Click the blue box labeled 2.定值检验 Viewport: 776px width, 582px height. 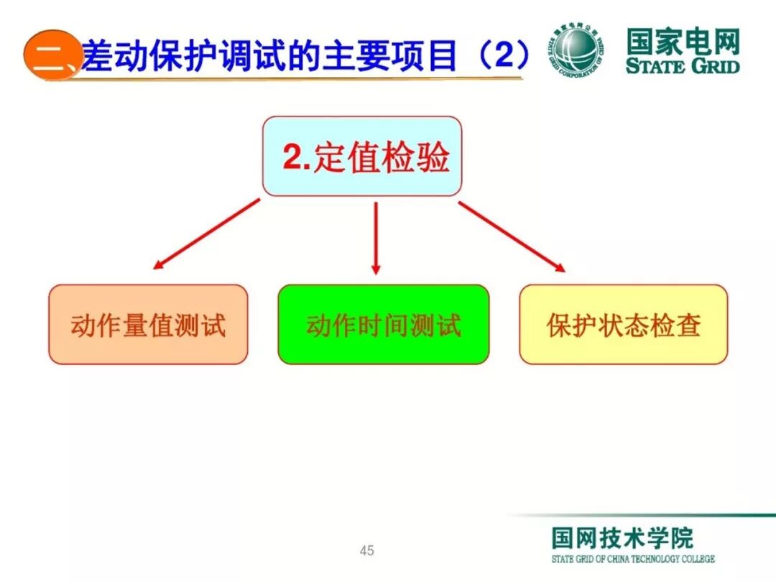[x=361, y=157]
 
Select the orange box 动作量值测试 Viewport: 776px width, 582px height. [x=148, y=325]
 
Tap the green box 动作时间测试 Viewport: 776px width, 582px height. [x=383, y=325]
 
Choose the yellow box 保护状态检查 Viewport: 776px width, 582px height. [x=623, y=325]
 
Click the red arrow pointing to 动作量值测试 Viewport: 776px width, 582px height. [x=206, y=234]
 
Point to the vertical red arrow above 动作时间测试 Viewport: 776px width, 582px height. [x=375, y=237]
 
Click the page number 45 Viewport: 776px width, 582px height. [x=367, y=551]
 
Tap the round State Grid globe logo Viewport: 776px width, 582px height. [x=578, y=50]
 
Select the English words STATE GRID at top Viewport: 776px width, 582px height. [x=682, y=67]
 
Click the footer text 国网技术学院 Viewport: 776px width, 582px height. [x=622, y=538]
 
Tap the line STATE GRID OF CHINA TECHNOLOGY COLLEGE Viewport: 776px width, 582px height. [x=633, y=559]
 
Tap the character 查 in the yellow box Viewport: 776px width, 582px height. [x=686, y=325]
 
